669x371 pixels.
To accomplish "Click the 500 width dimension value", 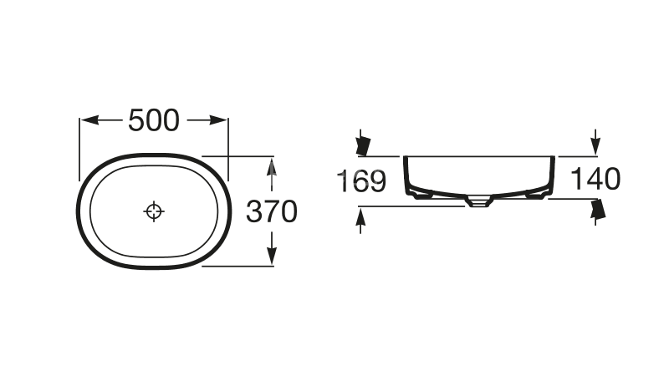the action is (x=154, y=120).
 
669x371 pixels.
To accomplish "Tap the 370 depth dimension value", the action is (x=272, y=211).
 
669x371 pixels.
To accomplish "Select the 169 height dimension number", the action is (x=361, y=180).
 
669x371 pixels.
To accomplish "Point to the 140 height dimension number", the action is (x=595, y=179).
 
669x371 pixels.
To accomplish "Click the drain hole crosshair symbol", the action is (x=154, y=211).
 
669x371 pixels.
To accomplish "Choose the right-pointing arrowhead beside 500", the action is (x=217, y=120).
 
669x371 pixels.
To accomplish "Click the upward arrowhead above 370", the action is (x=272, y=167).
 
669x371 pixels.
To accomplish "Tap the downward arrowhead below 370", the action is (x=272, y=256).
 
